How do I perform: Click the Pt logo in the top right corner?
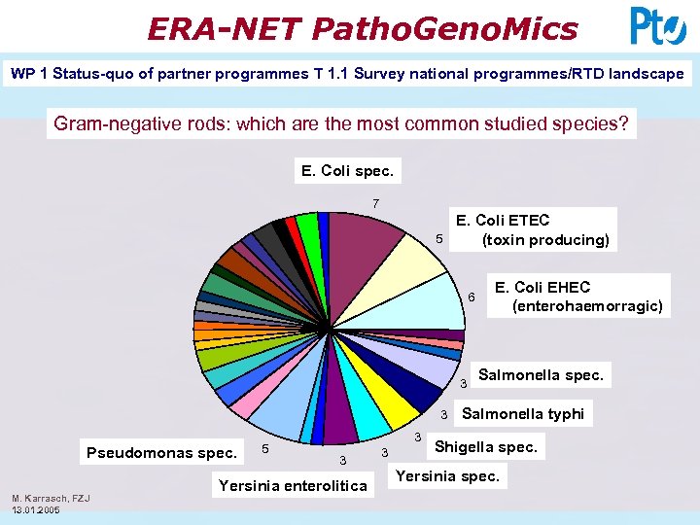(x=658, y=26)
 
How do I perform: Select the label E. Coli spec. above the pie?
(x=347, y=171)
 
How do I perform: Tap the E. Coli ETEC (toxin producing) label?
(x=531, y=230)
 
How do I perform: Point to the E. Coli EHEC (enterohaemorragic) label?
(x=578, y=297)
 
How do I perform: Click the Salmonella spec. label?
(x=541, y=374)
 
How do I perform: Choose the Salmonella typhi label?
(x=523, y=413)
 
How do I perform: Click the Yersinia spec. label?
(x=448, y=476)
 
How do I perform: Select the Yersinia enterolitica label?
(x=293, y=485)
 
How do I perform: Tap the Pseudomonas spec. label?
(x=161, y=452)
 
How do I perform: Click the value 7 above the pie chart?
(x=376, y=204)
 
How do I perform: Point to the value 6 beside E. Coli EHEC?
(x=471, y=297)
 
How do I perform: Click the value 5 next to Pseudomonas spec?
(x=266, y=448)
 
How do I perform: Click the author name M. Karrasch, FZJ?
(x=51, y=499)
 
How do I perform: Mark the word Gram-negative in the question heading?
(x=110, y=123)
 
